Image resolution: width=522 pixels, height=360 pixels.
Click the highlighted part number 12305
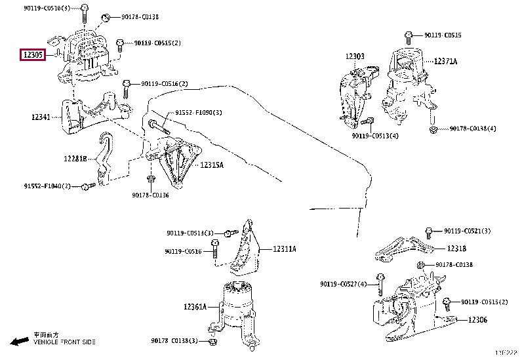pos(32,56)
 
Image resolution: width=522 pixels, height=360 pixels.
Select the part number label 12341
pos(41,117)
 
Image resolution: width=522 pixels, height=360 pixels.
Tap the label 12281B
pos(75,159)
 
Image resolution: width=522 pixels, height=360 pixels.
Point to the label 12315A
pos(212,165)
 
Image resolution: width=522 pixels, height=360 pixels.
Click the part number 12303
pos(355,57)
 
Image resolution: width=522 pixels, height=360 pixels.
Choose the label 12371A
pos(445,61)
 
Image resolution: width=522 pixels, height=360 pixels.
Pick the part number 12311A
pos(285,249)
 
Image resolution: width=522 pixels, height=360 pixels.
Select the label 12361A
pos(195,306)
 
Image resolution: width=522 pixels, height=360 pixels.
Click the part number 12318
pos(457,249)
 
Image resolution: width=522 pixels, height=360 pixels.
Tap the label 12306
pos(478,319)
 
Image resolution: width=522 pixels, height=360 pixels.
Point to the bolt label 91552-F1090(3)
pos(199,113)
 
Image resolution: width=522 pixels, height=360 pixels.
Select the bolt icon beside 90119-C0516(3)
pos(85,9)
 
